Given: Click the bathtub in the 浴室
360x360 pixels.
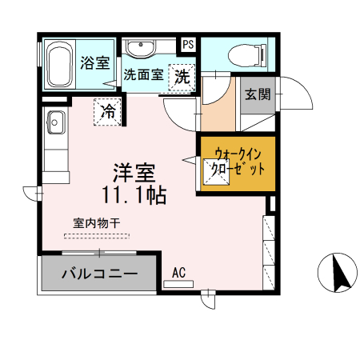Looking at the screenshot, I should pos(59,64).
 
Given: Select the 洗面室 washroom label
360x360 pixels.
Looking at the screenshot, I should pos(144,76).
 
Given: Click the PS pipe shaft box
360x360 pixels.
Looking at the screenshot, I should pos(188,45).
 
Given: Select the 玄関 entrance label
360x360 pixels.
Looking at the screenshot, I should pos(258,94).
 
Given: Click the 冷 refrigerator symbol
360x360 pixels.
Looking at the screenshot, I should pos(106,110).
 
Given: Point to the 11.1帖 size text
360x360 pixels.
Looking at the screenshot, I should pos(134,194).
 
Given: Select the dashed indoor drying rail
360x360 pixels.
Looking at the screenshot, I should pos(102,235).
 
